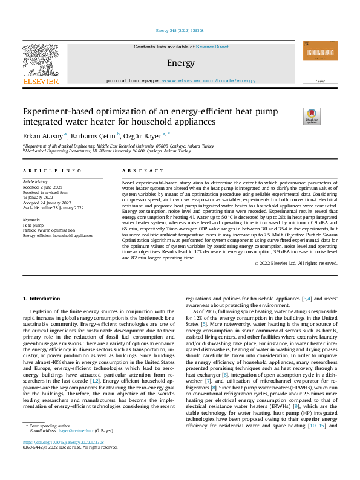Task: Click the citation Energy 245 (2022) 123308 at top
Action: coord(180,30)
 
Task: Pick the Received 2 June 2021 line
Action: coord(42,187)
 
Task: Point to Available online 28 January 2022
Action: coord(53,207)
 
